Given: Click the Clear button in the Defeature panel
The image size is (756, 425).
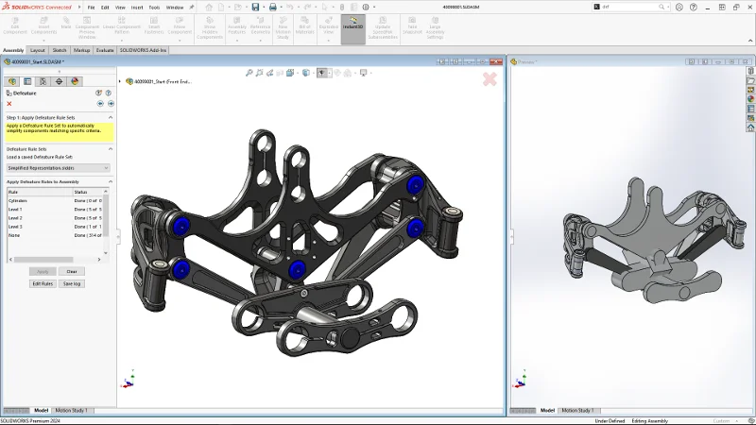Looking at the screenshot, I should (71, 271).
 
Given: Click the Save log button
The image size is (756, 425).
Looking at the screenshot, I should (72, 283).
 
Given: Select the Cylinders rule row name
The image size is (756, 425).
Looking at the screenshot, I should (19, 200).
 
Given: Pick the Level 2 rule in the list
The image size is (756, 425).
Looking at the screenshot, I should (16, 218).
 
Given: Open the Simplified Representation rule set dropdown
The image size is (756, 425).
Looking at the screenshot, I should (58, 167).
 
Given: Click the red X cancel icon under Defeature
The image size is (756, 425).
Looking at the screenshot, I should (9, 104).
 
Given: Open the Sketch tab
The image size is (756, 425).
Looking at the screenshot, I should (60, 50).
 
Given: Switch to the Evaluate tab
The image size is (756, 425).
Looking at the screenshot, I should (105, 50).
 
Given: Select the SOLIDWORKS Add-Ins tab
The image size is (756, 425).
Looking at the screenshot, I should (143, 50).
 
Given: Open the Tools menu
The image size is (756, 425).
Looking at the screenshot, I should (154, 7).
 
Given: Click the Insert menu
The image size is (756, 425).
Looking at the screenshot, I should (136, 7).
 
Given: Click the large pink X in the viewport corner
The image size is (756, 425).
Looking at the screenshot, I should (490, 79).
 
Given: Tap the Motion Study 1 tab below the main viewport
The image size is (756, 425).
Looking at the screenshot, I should (72, 410).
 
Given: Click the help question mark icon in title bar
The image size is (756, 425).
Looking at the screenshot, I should (696, 7).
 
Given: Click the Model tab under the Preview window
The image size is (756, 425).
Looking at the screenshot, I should (546, 410).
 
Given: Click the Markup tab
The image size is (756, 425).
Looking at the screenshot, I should (82, 50).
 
